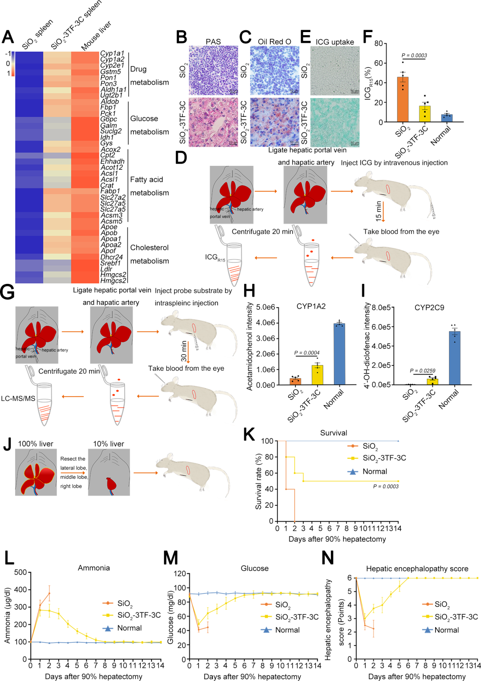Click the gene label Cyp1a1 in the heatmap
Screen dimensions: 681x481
click(x=112, y=53)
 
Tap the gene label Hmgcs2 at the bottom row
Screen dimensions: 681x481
click(x=113, y=280)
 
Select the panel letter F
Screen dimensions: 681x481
click(x=367, y=37)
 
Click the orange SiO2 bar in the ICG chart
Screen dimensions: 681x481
click(x=403, y=99)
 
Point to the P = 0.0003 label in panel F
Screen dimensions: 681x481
click(x=414, y=56)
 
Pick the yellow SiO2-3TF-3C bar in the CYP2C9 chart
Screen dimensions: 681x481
click(x=432, y=382)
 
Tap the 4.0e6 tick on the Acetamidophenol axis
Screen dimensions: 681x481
click(x=265, y=323)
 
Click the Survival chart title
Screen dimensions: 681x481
click(x=334, y=433)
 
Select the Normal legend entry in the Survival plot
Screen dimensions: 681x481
click(x=375, y=472)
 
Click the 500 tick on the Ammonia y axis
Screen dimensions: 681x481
click(x=20, y=572)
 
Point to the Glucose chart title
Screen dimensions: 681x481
click(x=254, y=568)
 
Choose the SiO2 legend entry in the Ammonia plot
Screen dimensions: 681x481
click(x=125, y=603)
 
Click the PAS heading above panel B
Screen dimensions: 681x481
click(x=213, y=42)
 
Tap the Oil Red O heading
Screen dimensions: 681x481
click(x=274, y=42)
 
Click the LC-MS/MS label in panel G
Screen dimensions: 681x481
click(x=18, y=398)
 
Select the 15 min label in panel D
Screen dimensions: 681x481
click(x=379, y=211)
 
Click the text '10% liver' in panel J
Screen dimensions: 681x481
click(x=109, y=444)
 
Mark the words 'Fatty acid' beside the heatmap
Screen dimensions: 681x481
click(x=146, y=180)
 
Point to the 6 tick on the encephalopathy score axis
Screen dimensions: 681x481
click(x=350, y=578)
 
